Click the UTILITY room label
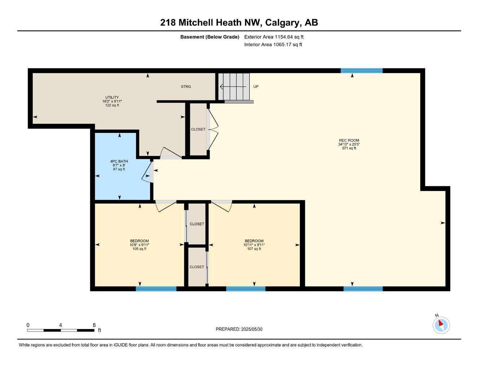point(112,97)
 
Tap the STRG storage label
point(186,87)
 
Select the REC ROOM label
point(349,141)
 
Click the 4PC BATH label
point(119,161)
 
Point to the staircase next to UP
point(234,86)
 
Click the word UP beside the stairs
point(256,87)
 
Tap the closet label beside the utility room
point(198,129)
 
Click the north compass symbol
point(441,325)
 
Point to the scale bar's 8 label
point(94,325)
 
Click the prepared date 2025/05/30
point(252,329)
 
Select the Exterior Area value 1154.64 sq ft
point(289,37)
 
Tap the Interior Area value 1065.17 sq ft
point(288,45)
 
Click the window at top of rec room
point(361,71)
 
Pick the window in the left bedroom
point(156,289)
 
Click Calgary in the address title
point(282,23)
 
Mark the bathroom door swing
point(148,172)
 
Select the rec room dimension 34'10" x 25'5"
point(349,145)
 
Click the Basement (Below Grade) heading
point(210,37)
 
